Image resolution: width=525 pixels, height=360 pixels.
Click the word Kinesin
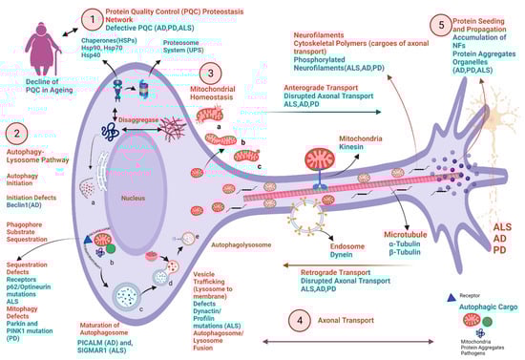click(x=346, y=148)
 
